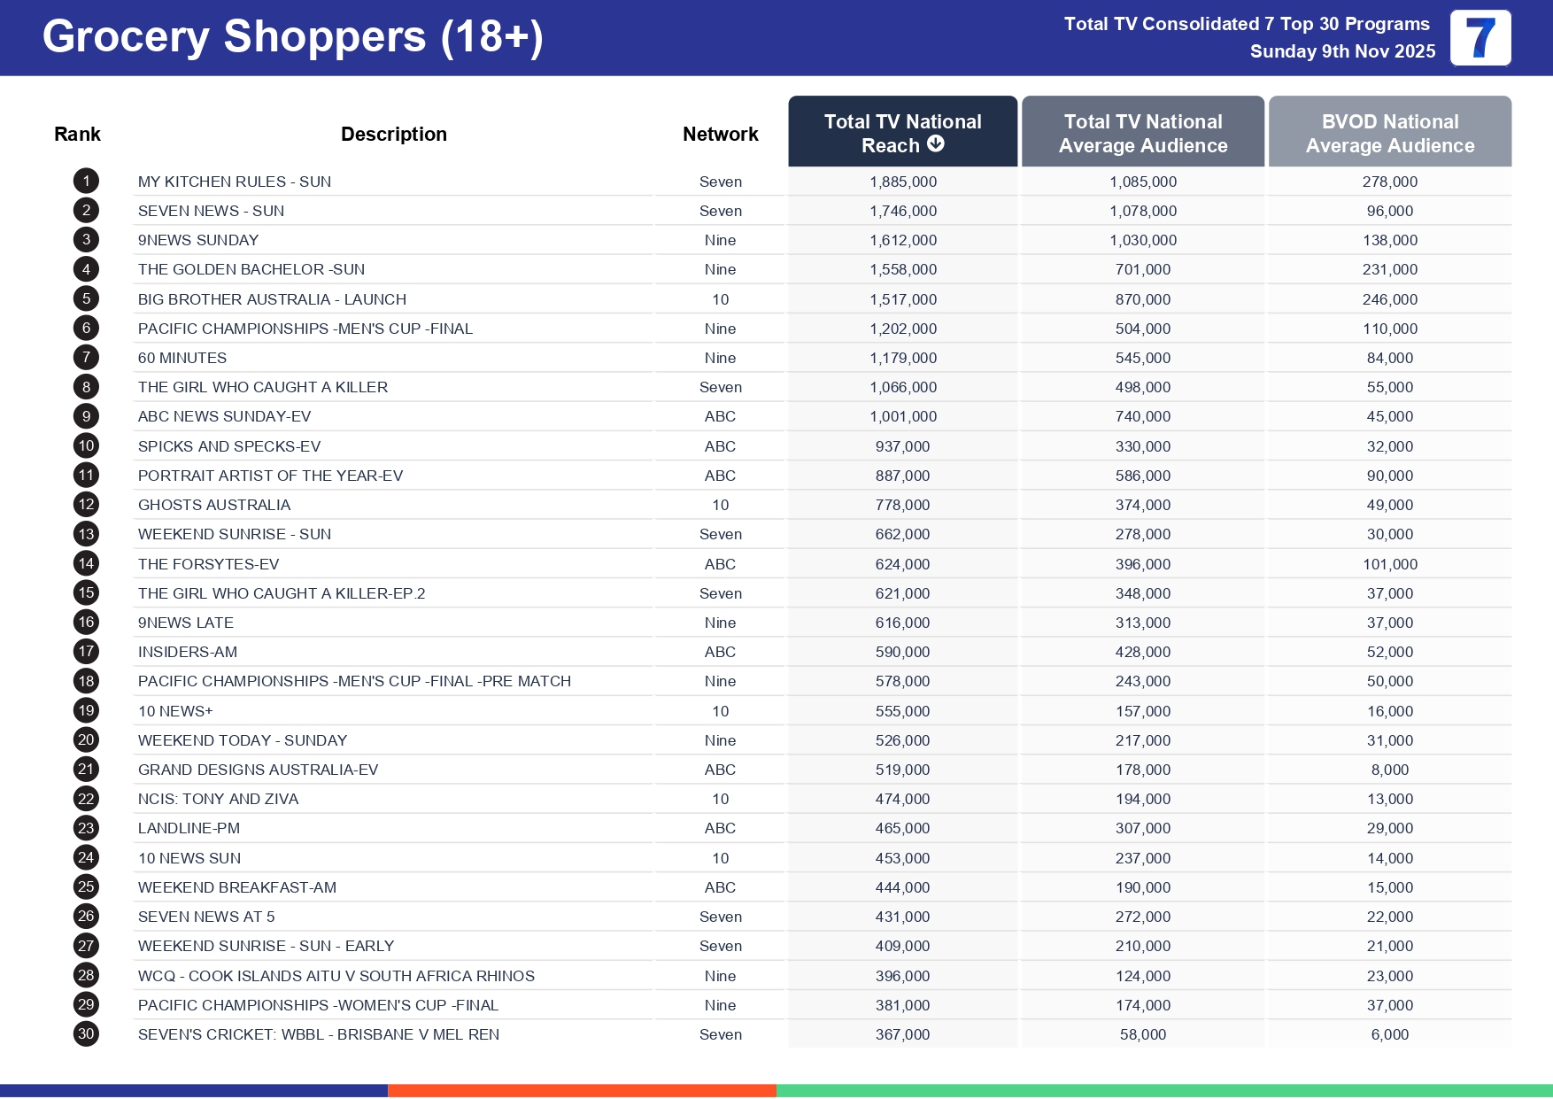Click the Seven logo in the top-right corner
click(x=1480, y=38)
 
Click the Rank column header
click(x=77, y=135)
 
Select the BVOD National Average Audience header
click(x=1389, y=134)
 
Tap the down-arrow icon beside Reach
click(x=936, y=144)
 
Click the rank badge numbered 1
click(x=86, y=182)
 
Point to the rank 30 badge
click(x=86, y=1034)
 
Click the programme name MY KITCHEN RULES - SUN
click(x=235, y=182)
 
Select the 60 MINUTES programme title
click(x=182, y=359)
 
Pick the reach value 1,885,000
click(x=902, y=182)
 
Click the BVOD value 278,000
click(x=1389, y=182)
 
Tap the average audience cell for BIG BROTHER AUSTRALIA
click(x=1142, y=300)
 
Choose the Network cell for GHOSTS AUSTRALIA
click(x=720, y=506)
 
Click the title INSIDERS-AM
click(x=188, y=653)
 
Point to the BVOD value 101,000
click(x=1389, y=565)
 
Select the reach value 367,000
click(x=902, y=1035)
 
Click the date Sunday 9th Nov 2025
click(x=1342, y=52)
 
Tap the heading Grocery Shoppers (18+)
click(x=292, y=37)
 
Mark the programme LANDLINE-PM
click(x=189, y=829)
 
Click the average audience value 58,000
click(x=1142, y=1035)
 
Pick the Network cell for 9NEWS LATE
click(x=720, y=623)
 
